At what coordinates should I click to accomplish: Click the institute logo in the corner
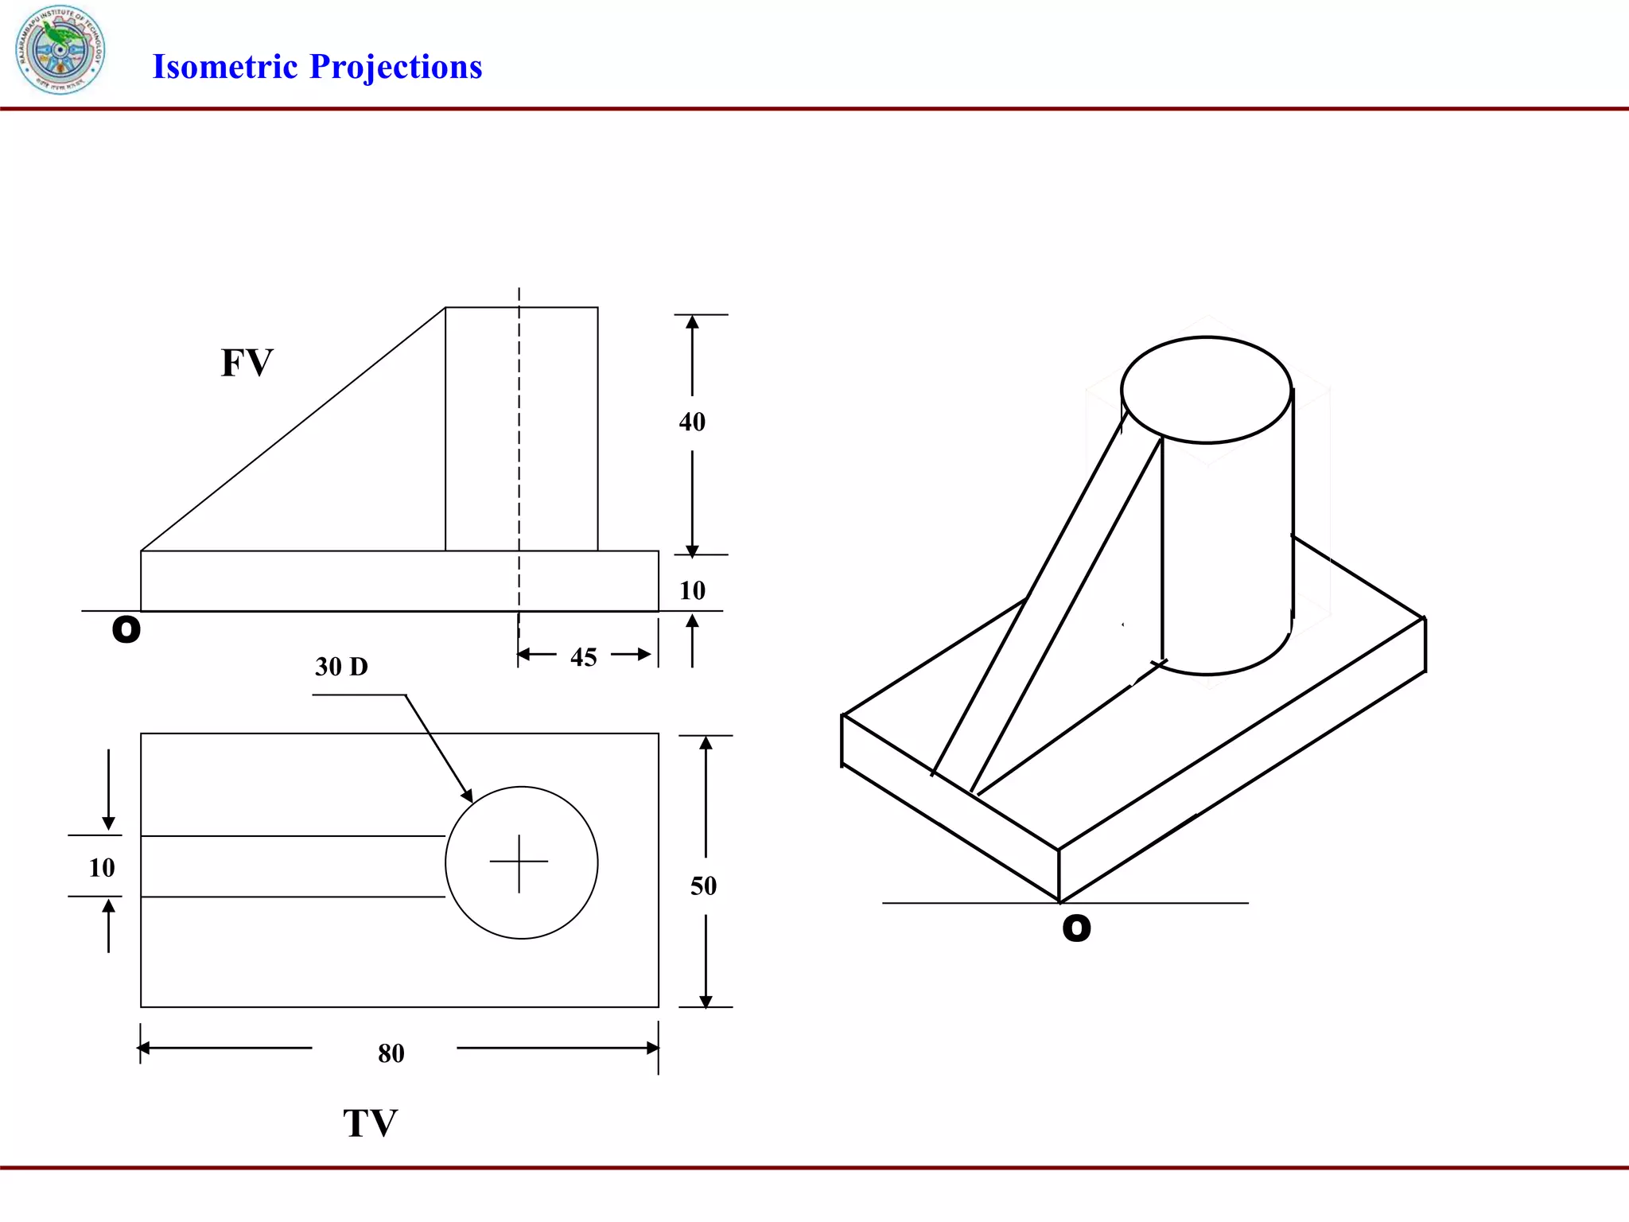pos(60,49)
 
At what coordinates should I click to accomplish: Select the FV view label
pos(247,363)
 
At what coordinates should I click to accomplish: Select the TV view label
pos(370,1123)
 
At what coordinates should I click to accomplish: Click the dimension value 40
pos(691,422)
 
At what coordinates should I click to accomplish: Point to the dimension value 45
pos(583,657)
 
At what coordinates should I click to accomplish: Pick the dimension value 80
pos(391,1053)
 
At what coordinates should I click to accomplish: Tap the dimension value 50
pos(703,885)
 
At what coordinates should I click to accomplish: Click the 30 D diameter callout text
pos(341,667)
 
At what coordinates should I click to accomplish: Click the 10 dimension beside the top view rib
pos(101,867)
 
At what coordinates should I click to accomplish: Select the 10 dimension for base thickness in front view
pos(692,590)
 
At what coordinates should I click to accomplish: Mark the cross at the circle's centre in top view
pos(519,862)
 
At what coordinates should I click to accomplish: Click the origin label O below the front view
pos(126,629)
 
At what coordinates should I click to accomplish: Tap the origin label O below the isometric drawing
pos(1076,928)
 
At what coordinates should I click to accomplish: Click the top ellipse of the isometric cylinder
pos(1206,390)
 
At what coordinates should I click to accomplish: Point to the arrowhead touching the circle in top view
pos(468,795)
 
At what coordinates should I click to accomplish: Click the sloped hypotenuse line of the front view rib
pos(293,429)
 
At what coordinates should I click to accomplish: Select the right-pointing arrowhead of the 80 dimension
pos(652,1048)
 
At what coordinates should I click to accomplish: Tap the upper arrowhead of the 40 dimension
pos(692,322)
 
